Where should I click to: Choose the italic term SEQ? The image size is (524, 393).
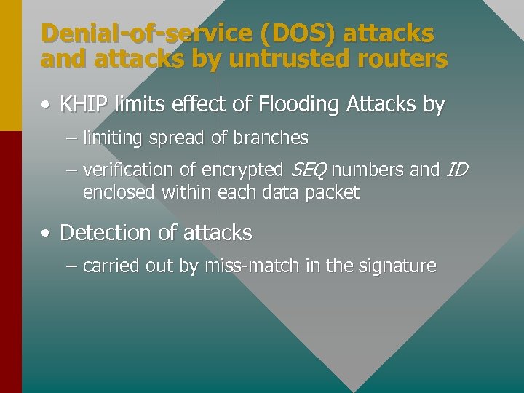click(309, 170)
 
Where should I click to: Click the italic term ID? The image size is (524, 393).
click(456, 170)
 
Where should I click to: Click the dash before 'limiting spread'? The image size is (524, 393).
click(71, 138)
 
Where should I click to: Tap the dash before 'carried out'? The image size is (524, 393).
click(71, 266)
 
